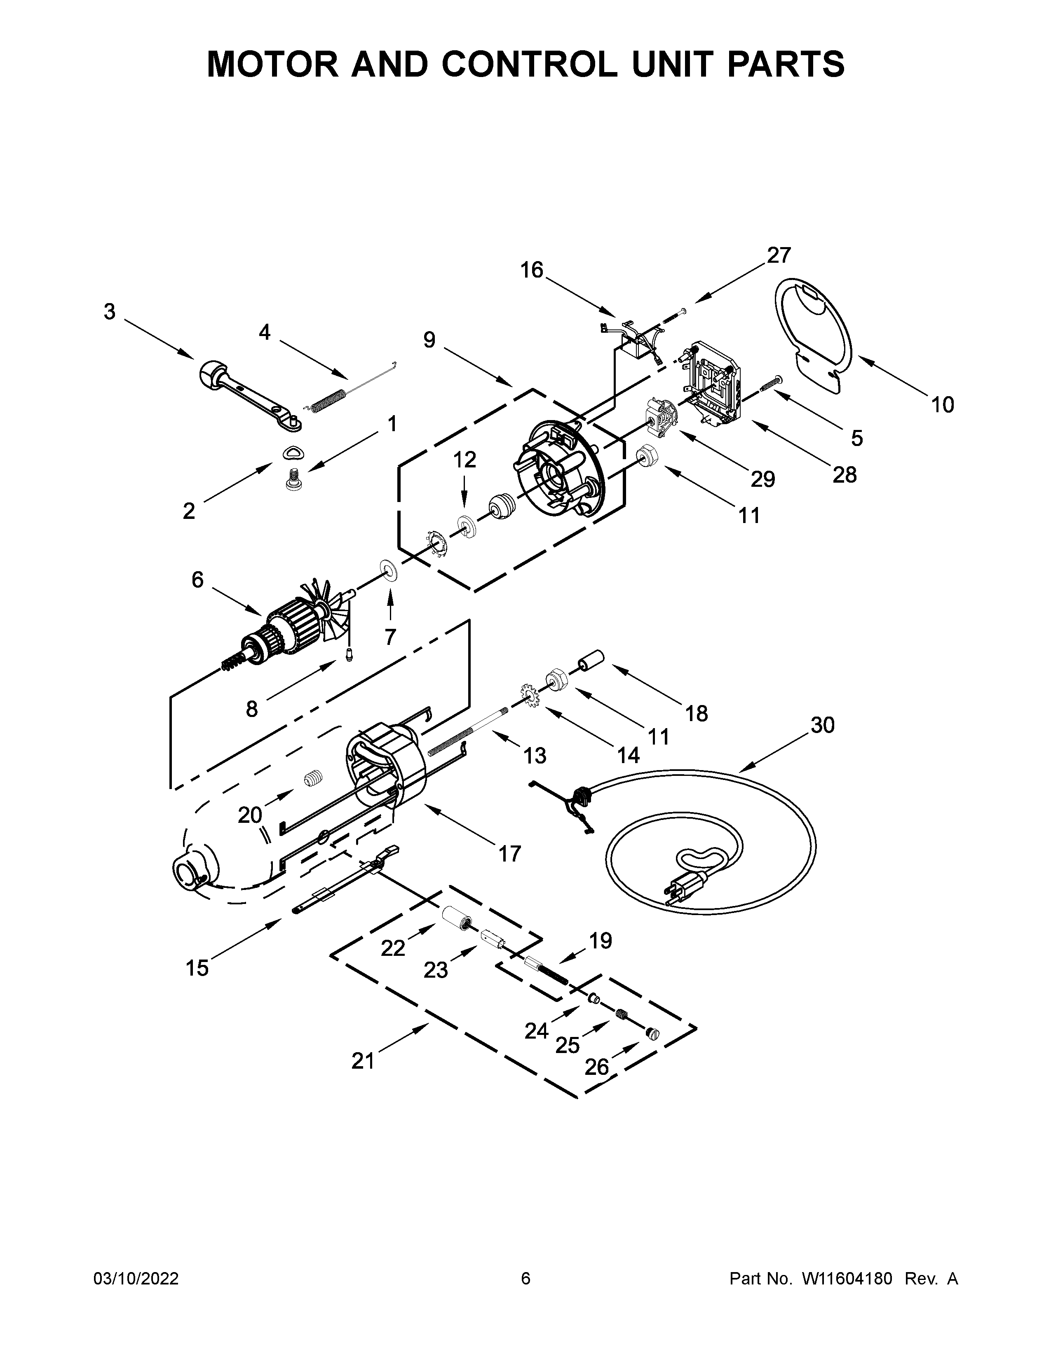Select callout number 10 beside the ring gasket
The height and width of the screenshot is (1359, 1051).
pos(943,405)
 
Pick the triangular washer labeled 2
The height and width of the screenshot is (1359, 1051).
pos(293,454)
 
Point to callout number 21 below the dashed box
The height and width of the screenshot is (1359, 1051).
pos(363,1061)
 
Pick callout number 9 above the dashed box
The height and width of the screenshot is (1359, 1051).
pos(429,340)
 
